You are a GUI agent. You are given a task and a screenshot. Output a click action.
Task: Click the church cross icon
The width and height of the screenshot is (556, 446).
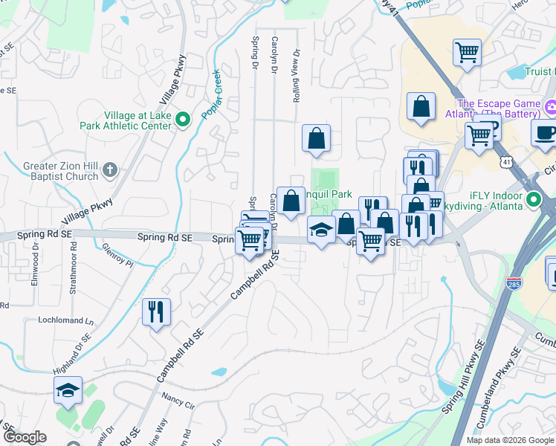click(110, 169)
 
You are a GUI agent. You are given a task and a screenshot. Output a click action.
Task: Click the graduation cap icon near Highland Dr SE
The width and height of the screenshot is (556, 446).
click(68, 390)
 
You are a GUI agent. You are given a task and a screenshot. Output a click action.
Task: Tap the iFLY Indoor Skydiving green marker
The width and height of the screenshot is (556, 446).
click(533, 200)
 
